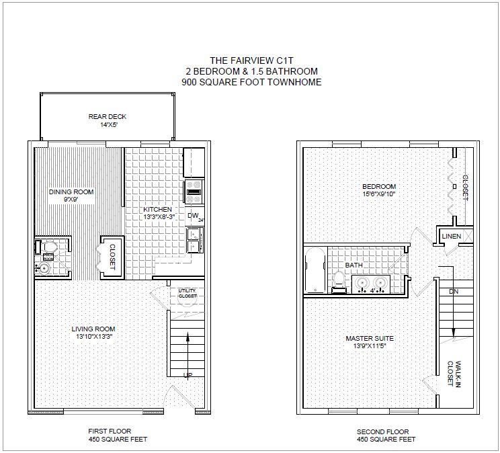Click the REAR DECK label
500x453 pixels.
[x=108, y=117]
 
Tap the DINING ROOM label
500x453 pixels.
[x=71, y=192]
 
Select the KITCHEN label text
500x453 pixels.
[x=157, y=210]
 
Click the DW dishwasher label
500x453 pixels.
[x=193, y=216]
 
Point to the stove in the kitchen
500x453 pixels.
[x=194, y=192]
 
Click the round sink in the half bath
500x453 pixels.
[x=44, y=268]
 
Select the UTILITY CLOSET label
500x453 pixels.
[x=187, y=294]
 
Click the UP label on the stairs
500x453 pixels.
[x=187, y=375]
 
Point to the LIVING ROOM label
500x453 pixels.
[x=93, y=329]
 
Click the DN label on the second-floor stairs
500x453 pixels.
[x=454, y=292]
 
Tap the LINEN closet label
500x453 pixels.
[x=452, y=237]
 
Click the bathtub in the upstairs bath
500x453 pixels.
[x=315, y=270]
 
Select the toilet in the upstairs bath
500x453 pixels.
[x=339, y=282]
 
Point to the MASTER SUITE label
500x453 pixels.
[x=370, y=339]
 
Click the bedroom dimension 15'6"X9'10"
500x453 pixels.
[x=379, y=194]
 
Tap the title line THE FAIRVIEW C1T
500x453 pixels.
[x=251, y=60]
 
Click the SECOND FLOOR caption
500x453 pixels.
[x=382, y=432]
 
